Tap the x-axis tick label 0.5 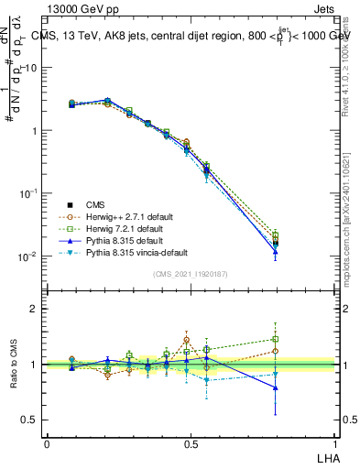191,443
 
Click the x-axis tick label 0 47,443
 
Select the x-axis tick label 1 334,443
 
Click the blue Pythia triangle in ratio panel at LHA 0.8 276,387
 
